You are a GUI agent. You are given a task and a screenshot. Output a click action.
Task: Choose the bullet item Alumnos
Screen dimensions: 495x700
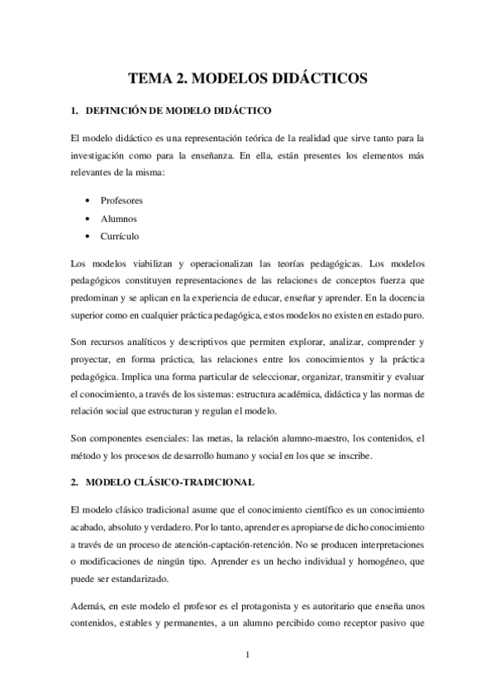pyautogui.click(x=119, y=219)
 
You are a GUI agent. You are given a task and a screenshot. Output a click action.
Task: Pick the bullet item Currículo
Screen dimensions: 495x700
pyautogui.click(x=120, y=237)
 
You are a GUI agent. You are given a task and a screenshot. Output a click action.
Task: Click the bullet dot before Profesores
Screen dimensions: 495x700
pyautogui.click(x=88, y=200)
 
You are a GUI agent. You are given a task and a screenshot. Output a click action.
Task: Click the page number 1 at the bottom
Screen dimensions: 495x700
pyautogui.click(x=248, y=656)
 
